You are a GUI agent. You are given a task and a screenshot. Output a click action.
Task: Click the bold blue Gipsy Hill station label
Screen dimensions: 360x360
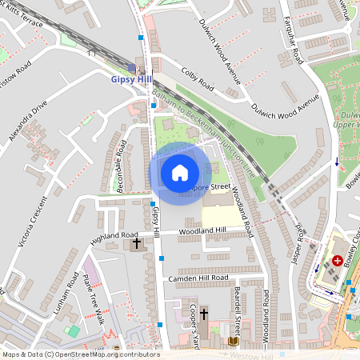tap(131, 80)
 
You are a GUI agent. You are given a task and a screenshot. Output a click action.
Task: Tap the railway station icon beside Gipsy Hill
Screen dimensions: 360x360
tap(131, 67)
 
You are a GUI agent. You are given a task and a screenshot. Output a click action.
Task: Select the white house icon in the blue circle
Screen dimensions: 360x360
tap(180, 173)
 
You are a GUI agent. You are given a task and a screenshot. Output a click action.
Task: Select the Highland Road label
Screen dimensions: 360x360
tap(114, 236)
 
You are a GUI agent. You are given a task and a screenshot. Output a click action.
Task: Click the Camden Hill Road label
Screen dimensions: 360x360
tap(199, 278)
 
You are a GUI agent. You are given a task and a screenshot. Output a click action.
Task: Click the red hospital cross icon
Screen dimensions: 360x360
tap(338, 260)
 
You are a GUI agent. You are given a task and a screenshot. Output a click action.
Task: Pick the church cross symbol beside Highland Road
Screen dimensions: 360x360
tap(136, 242)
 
